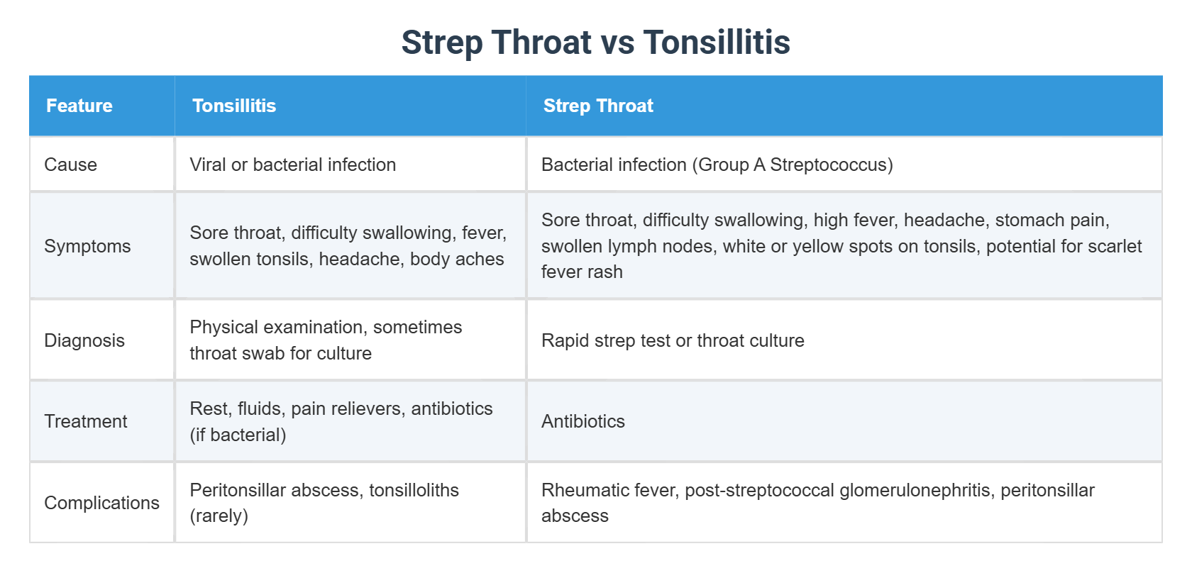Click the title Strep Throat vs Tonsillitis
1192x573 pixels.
[595, 42]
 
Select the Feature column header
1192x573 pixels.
[79, 106]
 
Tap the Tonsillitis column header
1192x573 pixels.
[233, 106]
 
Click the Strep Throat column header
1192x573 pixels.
[597, 106]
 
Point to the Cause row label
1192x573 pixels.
[70, 165]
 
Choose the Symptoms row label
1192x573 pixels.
[87, 246]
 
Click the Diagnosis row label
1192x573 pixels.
[84, 340]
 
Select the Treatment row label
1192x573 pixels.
[85, 421]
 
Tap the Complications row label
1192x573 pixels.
[101, 503]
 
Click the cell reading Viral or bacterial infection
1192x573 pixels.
[292, 165]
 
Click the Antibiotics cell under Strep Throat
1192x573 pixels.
[583, 421]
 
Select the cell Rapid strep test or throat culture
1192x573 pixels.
[672, 340]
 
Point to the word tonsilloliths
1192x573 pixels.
[414, 490]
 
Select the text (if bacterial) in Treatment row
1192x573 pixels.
[238, 435]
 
